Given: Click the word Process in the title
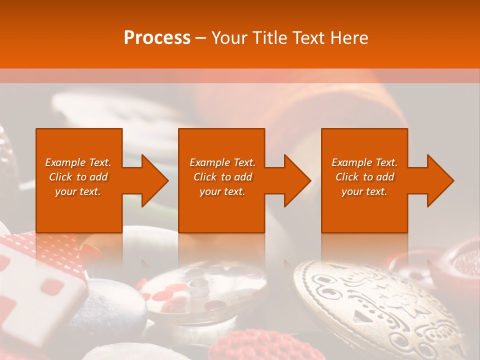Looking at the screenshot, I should pyautogui.click(x=157, y=38).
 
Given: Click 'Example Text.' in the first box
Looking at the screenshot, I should pyautogui.click(x=78, y=162).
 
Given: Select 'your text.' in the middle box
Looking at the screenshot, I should pyautogui.click(x=222, y=191).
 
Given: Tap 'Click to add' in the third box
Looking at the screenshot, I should pyautogui.click(x=364, y=177).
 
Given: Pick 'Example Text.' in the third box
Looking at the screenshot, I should pyautogui.click(x=364, y=162).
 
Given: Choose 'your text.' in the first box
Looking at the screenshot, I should pyautogui.click(x=78, y=191).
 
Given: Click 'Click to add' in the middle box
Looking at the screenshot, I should pyautogui.click(x=222, y=177).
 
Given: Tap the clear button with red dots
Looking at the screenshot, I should pyautogui.click(x=200, y=295).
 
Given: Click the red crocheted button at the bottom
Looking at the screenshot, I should pyautogui.click(x=240, y=345).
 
